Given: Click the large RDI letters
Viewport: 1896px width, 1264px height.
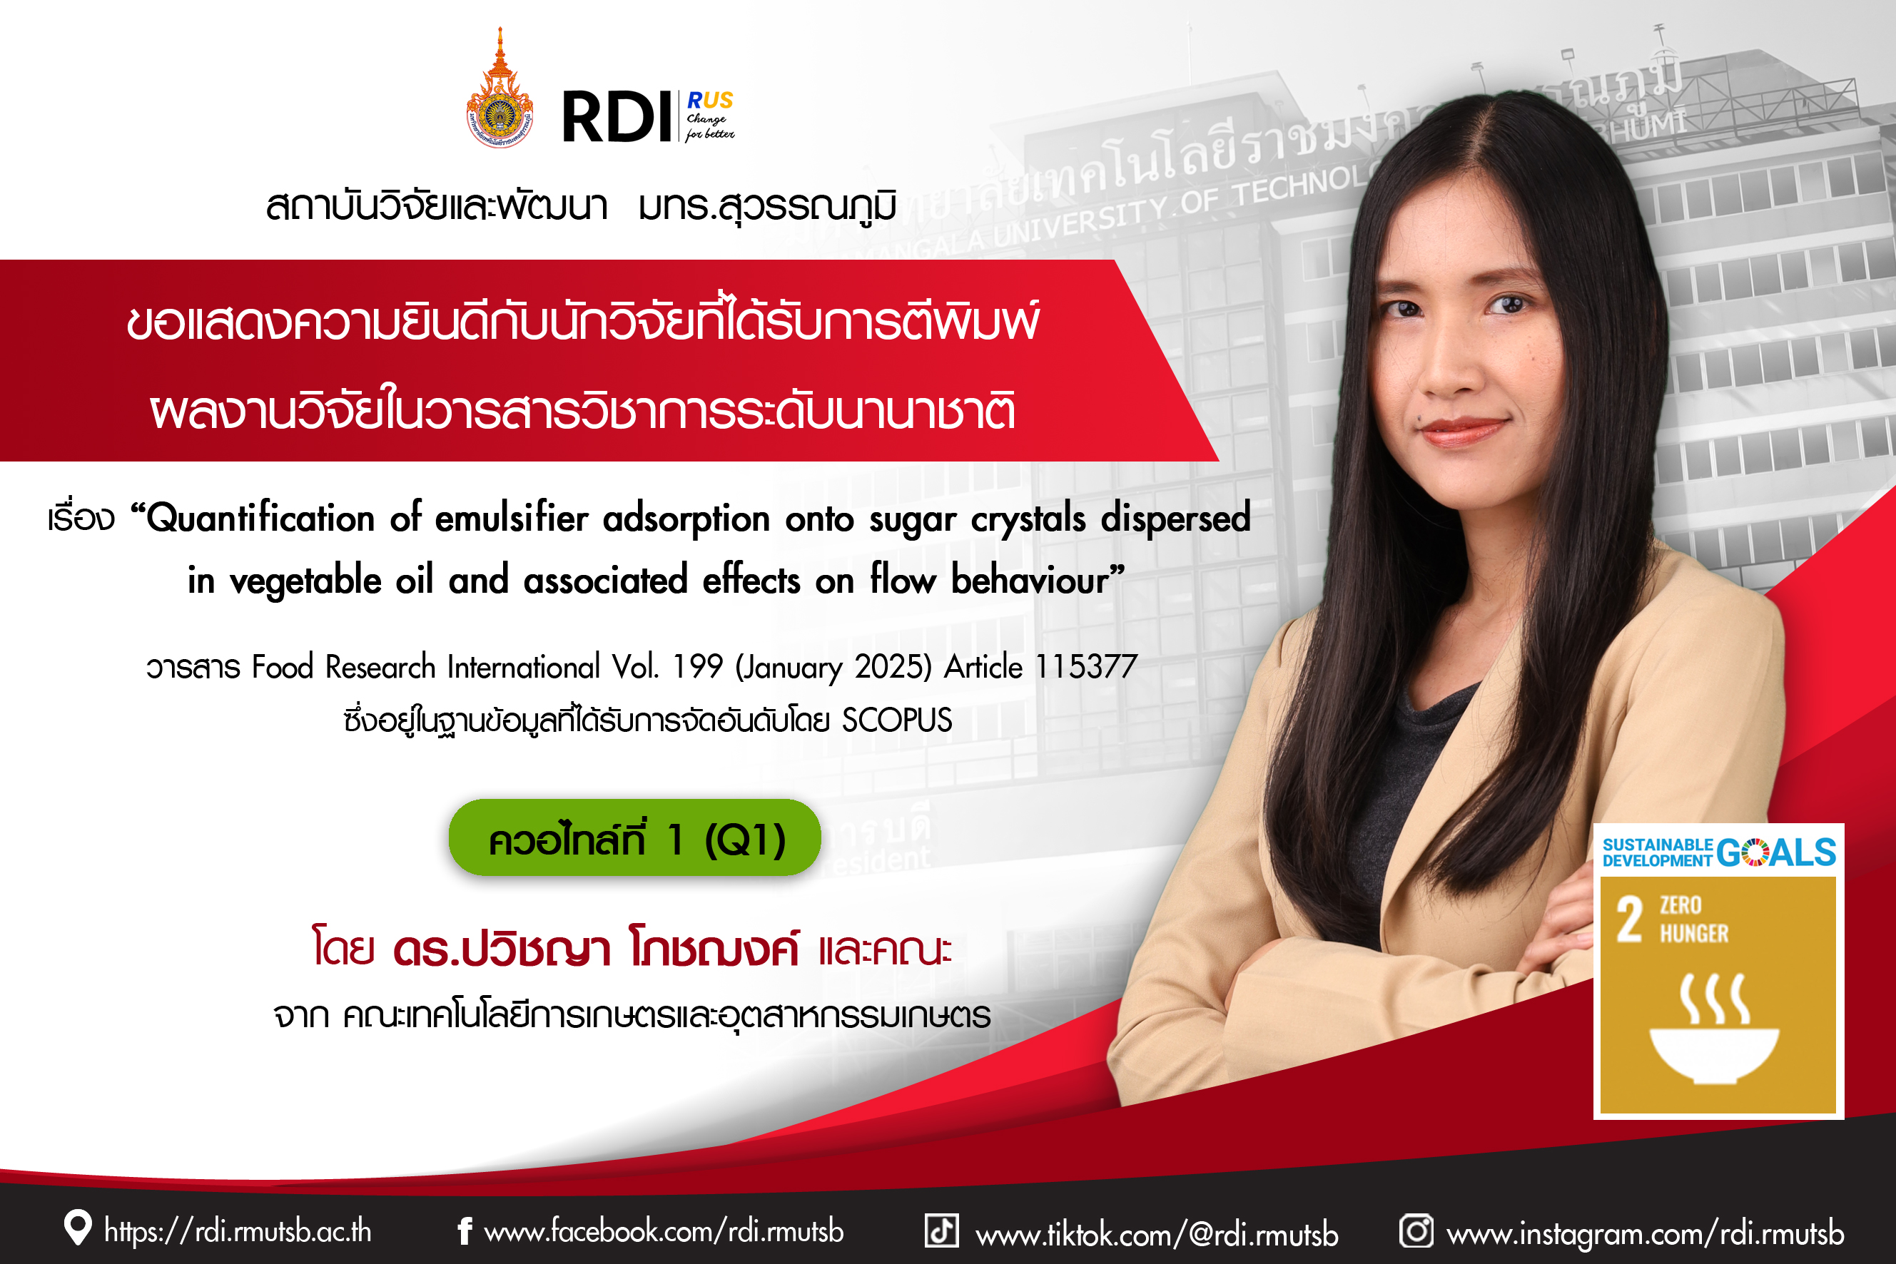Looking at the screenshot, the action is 617,118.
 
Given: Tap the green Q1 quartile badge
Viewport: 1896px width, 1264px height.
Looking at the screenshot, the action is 634,837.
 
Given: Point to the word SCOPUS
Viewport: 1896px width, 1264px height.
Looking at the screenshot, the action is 897,720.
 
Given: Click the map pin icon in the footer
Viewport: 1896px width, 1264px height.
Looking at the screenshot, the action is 77,1228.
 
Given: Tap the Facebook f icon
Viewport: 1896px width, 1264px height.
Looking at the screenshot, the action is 465,1231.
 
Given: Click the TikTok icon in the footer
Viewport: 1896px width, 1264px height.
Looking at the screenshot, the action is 941,1230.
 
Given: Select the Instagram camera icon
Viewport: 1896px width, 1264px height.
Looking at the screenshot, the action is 1416,1231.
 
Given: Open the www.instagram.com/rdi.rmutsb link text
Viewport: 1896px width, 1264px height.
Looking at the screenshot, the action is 1646,1233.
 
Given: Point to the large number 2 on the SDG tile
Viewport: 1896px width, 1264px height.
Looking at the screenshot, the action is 1629,919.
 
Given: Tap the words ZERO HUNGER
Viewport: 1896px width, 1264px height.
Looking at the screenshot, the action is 1693,919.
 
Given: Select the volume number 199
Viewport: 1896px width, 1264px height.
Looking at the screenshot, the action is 698,667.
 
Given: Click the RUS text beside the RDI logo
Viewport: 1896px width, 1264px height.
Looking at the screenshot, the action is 710,100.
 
